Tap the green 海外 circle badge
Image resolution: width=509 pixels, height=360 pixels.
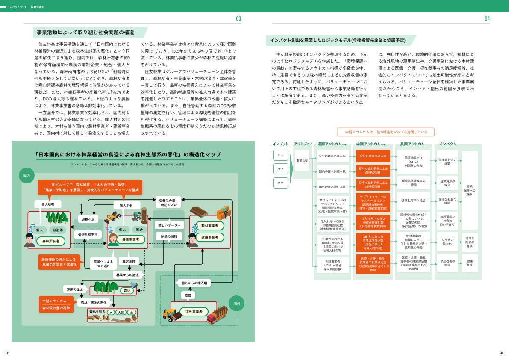pyautogui.click(x=236, y=303)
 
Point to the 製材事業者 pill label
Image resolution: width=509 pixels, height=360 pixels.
pyautogui.click(x=209, y=225)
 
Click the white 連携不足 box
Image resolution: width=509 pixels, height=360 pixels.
pyautogui.click(x=88, y=219)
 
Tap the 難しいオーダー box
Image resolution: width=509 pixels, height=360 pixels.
pyautogui.click(x=169, y=225)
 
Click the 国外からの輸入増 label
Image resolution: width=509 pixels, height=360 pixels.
pyautogui.click(x=194, y=283)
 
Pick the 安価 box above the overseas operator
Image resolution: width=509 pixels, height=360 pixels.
pyautogui.click(x=188, y=295)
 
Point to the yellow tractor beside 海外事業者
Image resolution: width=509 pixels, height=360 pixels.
pyautogui.click(x=170, y=315)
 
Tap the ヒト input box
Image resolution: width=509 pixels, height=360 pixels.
pyautogui.click(x=281, y=155)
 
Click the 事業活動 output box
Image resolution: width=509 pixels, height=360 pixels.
pyautogui.click(x=302, y=160)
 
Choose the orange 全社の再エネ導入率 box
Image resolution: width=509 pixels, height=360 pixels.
pyautogui.click(x=373, y=156)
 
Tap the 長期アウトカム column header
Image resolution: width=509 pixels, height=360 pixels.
pyautogui.click(x=412, y=144)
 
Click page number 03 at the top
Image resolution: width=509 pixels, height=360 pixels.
pyautogui.click(x=238, y=18)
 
